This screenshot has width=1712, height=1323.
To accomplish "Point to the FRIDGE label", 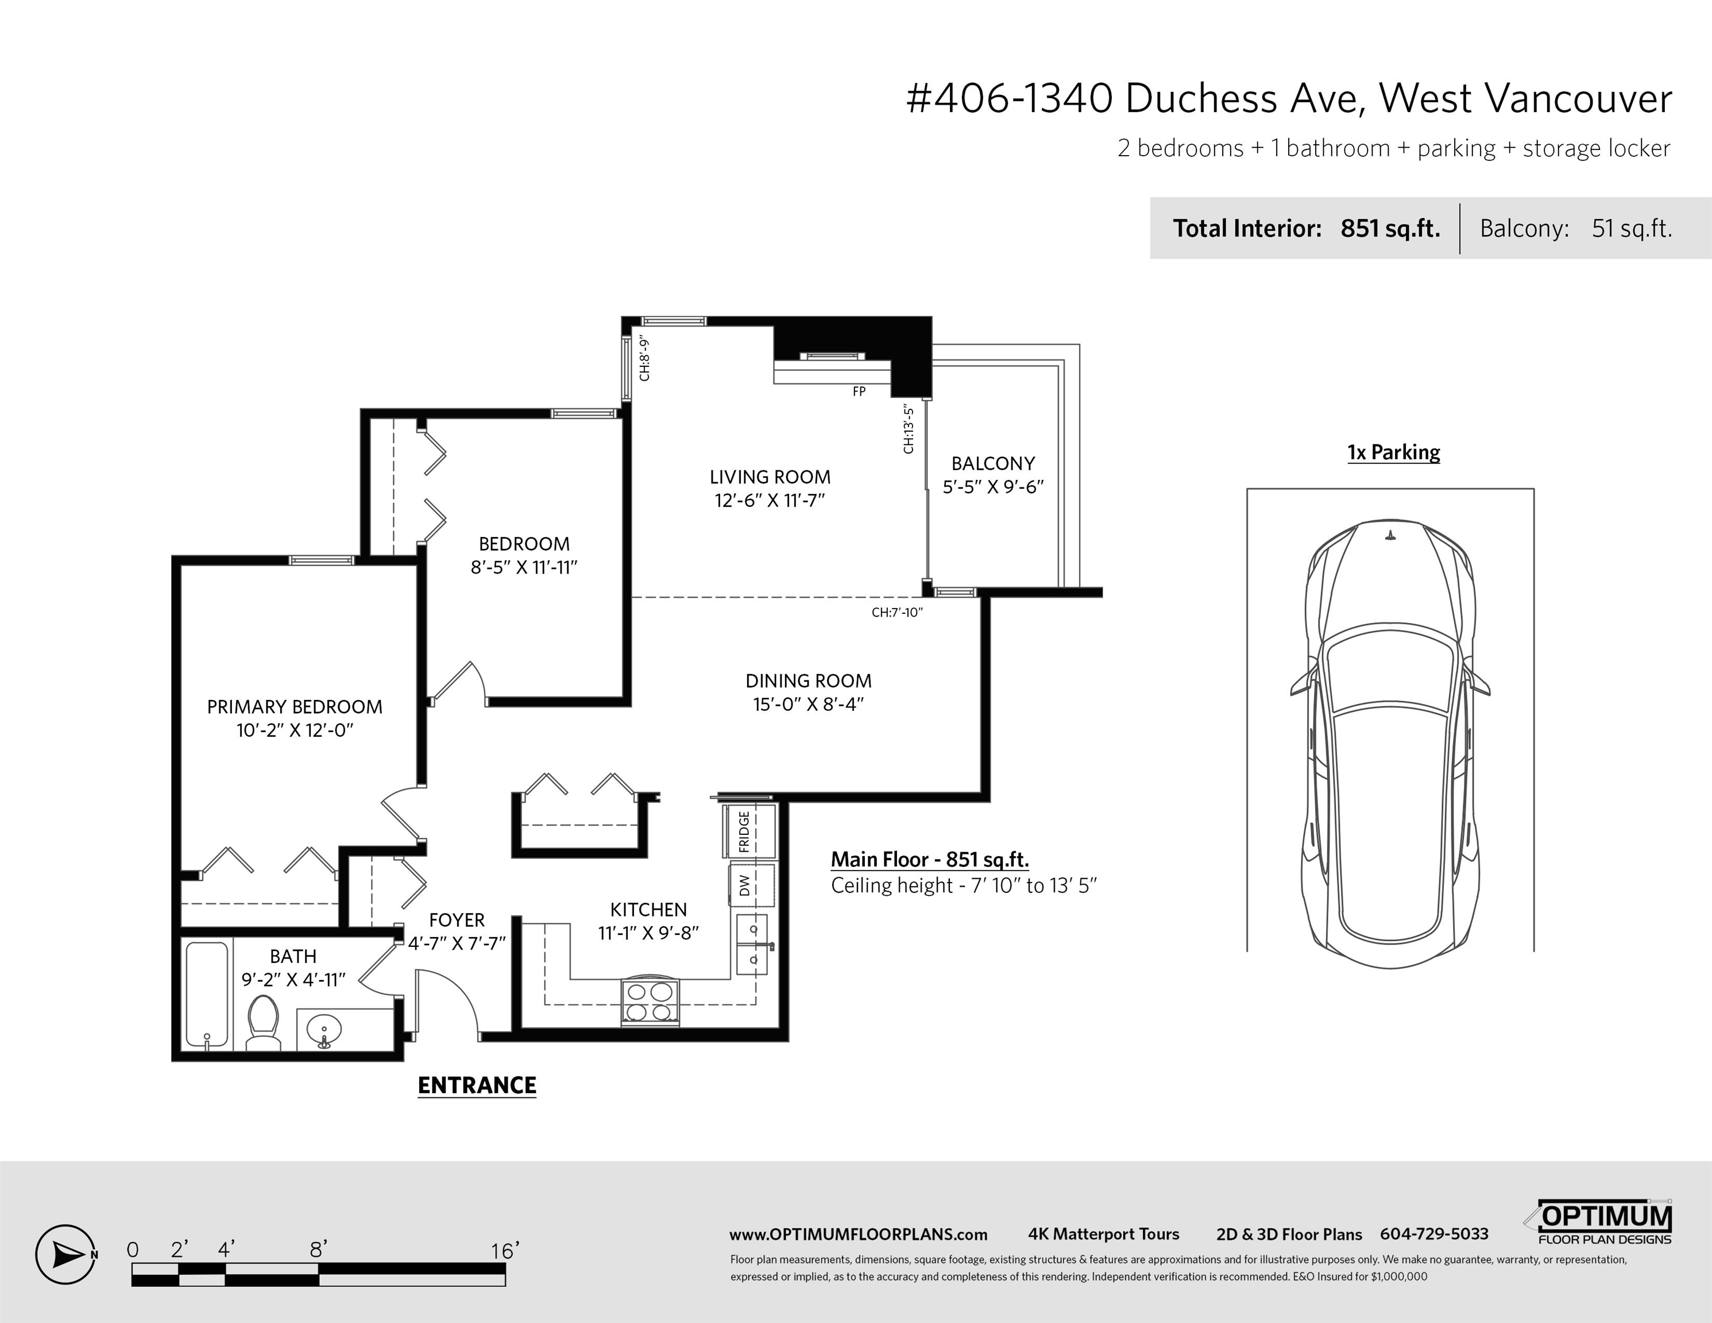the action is [x=744, y=831].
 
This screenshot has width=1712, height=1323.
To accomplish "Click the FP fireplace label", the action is [x=859, y=391].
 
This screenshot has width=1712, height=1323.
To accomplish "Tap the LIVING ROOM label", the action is [x=770, y=477].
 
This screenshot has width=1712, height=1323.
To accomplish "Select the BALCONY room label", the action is [x=993, y=463].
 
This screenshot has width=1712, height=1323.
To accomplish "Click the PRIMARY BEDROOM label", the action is [x=295, y=707].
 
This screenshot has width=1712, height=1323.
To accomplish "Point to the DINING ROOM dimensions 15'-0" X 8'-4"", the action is [x=808, y=704].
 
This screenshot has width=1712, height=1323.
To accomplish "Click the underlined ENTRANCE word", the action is [x=477, y=1085].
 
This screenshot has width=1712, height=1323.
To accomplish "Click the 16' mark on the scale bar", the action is [x=505, y=1250].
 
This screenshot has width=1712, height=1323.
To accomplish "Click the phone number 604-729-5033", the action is [x=1435, y=1233].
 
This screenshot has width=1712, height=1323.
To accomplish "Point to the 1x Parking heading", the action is [x=1394, y=452].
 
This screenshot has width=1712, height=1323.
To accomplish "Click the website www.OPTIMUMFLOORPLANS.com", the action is [x=859, y=1235].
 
